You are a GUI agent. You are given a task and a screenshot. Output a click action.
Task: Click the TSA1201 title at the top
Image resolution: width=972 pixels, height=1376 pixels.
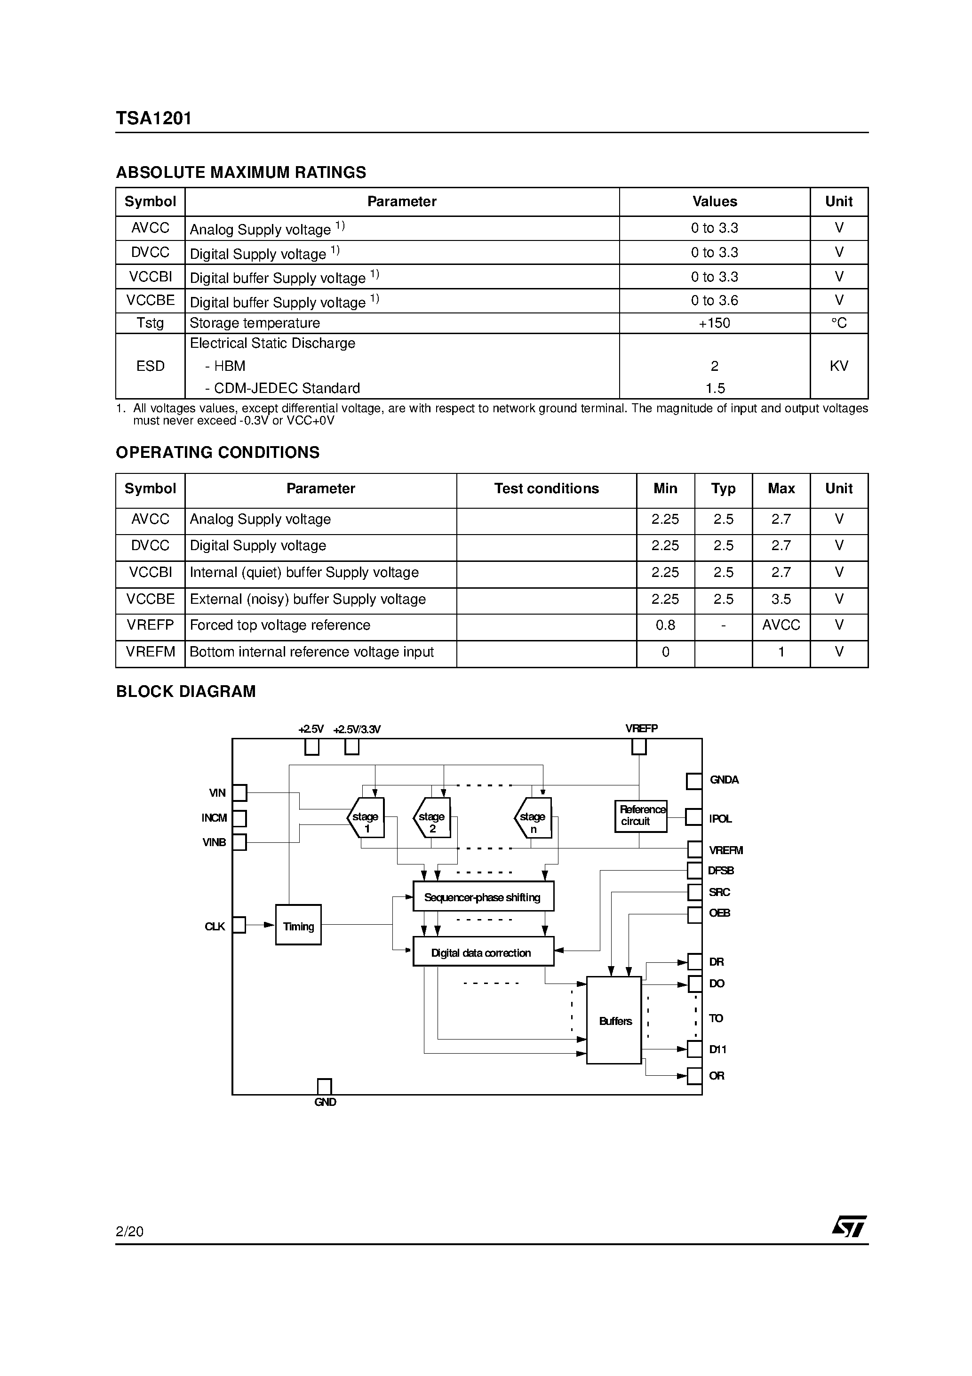point(154,118)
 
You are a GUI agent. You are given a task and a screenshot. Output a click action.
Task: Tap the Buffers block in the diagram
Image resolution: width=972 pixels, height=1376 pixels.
point(614,1021)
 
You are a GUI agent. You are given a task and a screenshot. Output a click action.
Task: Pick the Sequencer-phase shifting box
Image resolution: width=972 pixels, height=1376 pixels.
point(483,897)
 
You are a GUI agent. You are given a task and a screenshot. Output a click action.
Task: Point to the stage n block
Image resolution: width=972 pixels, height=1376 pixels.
point(533,817)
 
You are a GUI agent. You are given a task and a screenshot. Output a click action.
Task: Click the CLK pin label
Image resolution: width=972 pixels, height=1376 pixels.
point(215,927)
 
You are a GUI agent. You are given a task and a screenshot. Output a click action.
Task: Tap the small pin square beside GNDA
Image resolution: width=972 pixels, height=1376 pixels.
point(694,781)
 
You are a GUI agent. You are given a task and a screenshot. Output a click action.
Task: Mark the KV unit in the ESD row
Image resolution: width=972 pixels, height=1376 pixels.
point(838,366)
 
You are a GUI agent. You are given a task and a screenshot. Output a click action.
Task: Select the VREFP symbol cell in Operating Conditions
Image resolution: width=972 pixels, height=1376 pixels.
point(151,625)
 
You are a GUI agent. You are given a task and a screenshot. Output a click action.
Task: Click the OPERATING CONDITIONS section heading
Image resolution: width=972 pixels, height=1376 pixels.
point(217,453)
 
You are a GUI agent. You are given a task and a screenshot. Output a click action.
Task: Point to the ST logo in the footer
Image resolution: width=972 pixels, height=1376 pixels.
point(849,1226)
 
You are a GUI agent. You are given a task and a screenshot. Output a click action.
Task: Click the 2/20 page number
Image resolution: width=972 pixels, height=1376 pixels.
point(129,1231)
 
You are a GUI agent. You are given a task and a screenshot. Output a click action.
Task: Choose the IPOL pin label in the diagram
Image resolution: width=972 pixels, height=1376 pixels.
point(720,819)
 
